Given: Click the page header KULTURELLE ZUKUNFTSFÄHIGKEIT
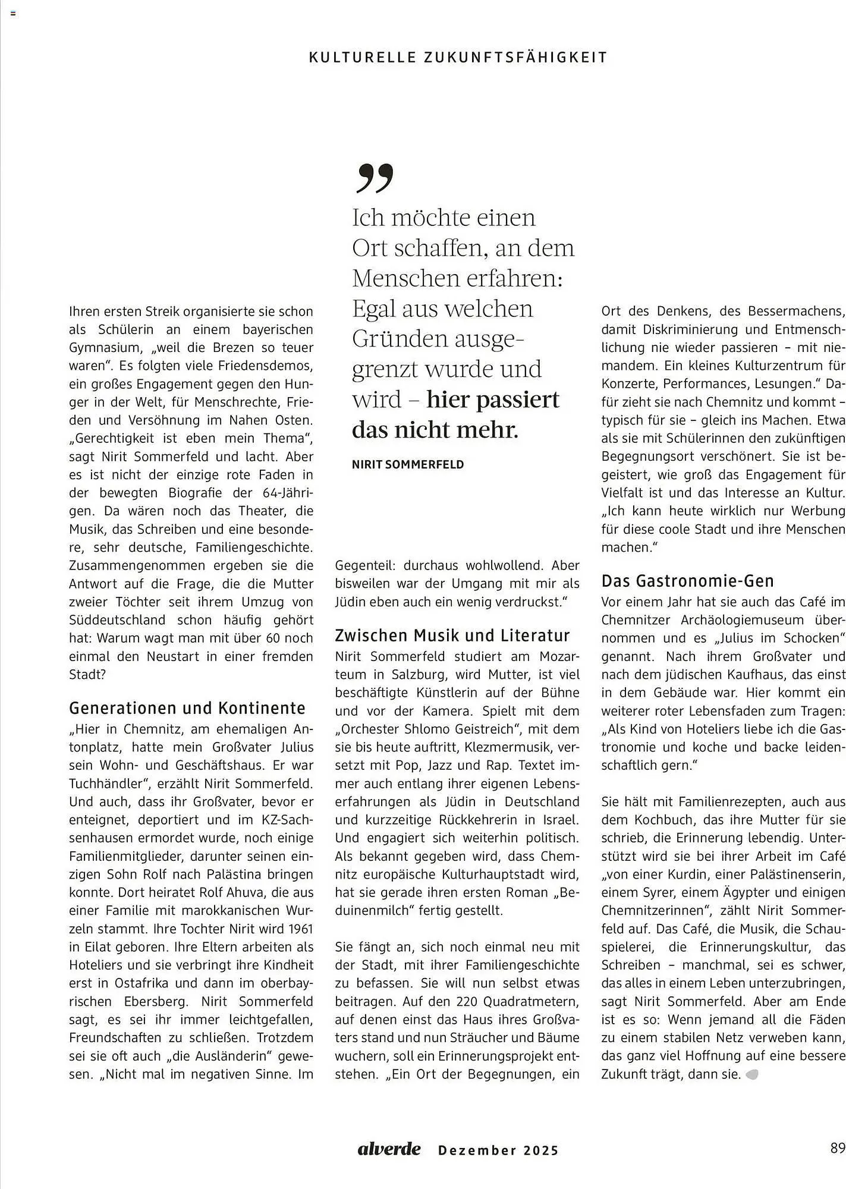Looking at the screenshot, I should tap(458, 58).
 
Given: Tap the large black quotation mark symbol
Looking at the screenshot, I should tap(375, 178).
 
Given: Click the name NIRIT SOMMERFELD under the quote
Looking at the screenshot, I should tap(408, 465).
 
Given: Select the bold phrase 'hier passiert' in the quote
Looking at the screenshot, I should tap(493, 400).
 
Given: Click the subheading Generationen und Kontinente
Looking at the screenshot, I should tap(187, 708).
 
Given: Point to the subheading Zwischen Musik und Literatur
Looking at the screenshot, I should tap(452, 636).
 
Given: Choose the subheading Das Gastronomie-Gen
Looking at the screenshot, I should tap(687, 581).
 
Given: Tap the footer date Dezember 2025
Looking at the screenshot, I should tap(498, 1150).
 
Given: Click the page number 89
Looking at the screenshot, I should tap(837, 1148).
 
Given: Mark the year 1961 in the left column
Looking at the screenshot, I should tap(300, 929).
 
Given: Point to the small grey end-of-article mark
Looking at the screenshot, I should tap(751, 1075).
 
